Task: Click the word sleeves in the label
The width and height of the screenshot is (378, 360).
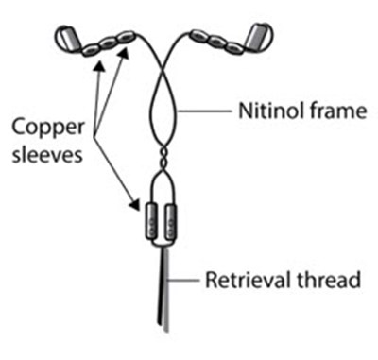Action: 47,155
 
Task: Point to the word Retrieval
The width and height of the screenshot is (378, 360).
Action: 249,280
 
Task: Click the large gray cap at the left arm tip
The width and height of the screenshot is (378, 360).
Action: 68,39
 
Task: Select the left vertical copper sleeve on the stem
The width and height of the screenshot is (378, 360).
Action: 151,222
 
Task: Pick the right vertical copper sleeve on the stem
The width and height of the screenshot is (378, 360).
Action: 171,222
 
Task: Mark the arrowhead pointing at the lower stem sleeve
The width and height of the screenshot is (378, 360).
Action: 135,203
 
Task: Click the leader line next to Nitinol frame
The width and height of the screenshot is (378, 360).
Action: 204,111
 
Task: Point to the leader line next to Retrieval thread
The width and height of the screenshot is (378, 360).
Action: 184,280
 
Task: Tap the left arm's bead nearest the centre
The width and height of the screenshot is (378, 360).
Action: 126,37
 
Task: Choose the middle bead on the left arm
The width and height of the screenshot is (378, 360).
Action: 109,43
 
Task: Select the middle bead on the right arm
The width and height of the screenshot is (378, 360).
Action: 217,41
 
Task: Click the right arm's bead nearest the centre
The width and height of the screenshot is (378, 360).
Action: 200,35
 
